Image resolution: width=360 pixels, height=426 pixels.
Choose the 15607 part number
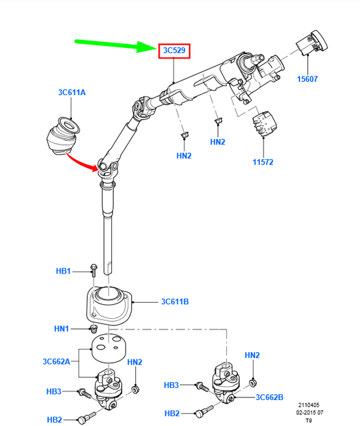pos(307,79)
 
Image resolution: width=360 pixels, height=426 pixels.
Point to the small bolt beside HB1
pos(92,270)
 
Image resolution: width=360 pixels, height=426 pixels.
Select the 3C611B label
pos(175,302)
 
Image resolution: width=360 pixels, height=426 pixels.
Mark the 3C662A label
pos(57,361)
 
